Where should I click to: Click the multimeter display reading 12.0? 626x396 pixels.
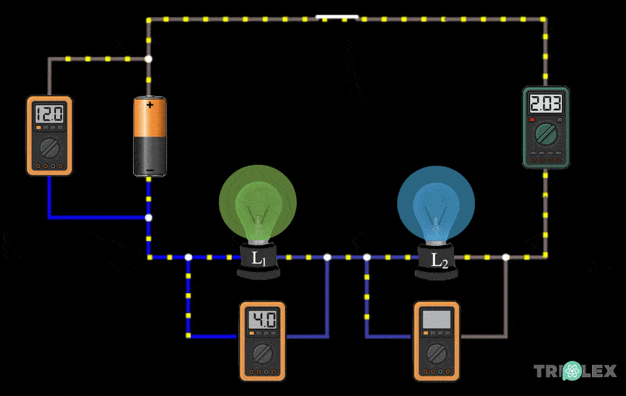pyautogui.click(x=49, y=115)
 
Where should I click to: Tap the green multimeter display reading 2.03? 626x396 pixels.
pyautogui.click(x=545, y=103)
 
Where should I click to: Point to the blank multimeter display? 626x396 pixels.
pyautogui.click(x=436, y=320)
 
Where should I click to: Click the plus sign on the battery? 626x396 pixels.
pyautogui.click(x=151, y=104)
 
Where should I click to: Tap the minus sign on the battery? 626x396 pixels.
pyautogui.click(x=150, y=171)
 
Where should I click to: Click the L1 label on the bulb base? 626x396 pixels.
pyautogui.click(x=259, y=259)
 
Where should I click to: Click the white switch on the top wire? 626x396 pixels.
pyautogui.click(x=337, y=17)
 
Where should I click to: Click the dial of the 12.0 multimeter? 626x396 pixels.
pyautogui.click(x=49, y=147)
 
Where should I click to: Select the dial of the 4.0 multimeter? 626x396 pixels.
pyautogui.click(x=262, y=354)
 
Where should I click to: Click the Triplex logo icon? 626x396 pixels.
pyautogui.click(x=572, y=371)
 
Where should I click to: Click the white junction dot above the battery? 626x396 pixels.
pyautogui.click(x=149, y=59)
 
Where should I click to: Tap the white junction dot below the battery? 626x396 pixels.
pyautogui.click(x=149, y=217)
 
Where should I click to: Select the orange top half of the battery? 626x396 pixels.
pyautogui.click(x=150, y=121)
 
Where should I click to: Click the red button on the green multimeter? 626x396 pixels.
pyautogui.click(x=532, y=120)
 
